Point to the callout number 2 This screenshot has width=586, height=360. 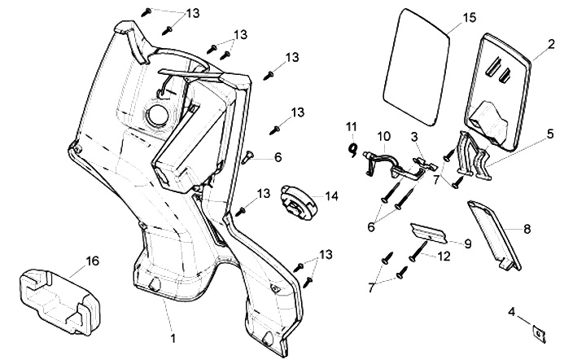pos(551,44)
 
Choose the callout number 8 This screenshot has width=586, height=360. pos(527,230)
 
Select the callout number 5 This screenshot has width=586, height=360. pos(550,132)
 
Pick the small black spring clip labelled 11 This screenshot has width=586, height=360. pos(352,147)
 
